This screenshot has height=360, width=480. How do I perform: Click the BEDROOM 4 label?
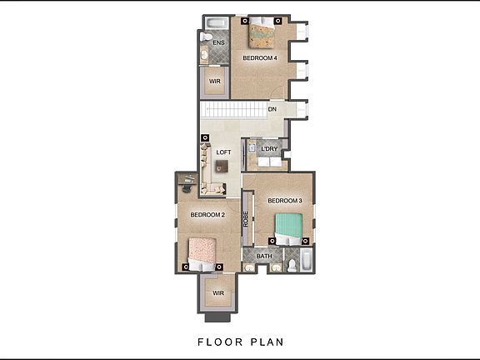coord(259,58)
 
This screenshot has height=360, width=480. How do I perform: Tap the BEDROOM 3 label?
coord(284,201)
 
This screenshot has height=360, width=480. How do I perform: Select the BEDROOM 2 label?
coord(207,215)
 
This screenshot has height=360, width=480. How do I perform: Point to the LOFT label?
coord(223,152)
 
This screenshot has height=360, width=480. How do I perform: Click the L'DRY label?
coord(269,150)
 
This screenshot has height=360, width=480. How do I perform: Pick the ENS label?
coord(219,42)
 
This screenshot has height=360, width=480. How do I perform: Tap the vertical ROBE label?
coord(246,219)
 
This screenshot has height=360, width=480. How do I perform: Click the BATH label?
coord(264,256)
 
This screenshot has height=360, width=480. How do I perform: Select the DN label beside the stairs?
coord(272,109)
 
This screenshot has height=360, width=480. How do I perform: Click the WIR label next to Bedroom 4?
coord(214,82)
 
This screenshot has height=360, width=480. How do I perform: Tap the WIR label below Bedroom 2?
coord(218,293)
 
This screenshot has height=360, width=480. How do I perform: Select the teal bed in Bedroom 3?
coord(289,227)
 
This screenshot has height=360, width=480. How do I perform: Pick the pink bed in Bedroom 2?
coord(202,250)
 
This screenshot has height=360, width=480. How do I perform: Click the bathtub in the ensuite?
coord(215,22)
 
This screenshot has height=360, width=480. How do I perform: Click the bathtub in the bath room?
coord(307,260)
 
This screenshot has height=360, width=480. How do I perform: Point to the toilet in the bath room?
coord(291,264)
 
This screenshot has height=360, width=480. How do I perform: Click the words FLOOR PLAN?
coord(240,342)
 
